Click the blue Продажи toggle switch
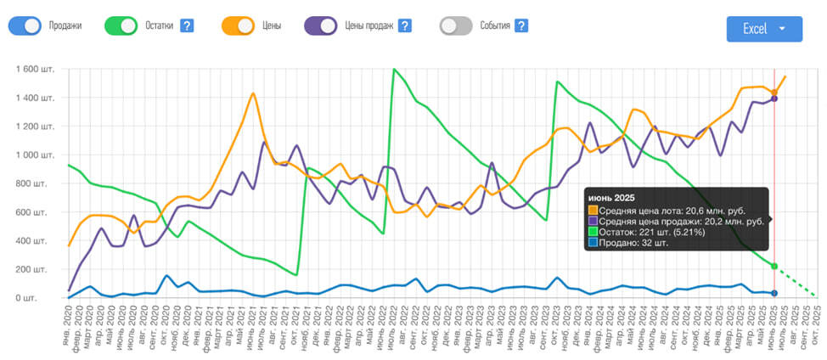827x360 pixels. click(25, 25)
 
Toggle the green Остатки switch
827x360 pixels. click(121, 25)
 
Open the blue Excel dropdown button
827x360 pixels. click(764, 29)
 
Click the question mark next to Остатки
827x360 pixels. click(187, 25)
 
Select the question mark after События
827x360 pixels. click(520, 25)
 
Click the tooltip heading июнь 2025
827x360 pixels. click(611, 198)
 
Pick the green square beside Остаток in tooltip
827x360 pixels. click(593, 231)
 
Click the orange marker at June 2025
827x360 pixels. click(774, 93)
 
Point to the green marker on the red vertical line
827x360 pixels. click(774, 266)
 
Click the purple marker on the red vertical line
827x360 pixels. click(774, 99)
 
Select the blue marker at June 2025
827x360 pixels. click(774, 293)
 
